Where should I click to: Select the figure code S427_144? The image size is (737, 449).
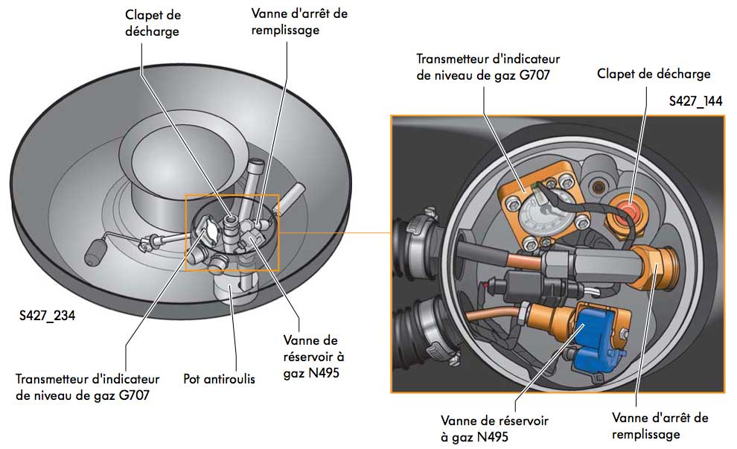click(x=695, y=101)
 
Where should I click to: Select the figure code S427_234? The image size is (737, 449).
click(x=47, y=316)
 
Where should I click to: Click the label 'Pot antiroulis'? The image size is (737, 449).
click(x=219, y=379)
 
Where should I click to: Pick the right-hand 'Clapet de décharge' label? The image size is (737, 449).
click(x=653, y=74)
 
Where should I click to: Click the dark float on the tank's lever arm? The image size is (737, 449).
click(x=98, y=252)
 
